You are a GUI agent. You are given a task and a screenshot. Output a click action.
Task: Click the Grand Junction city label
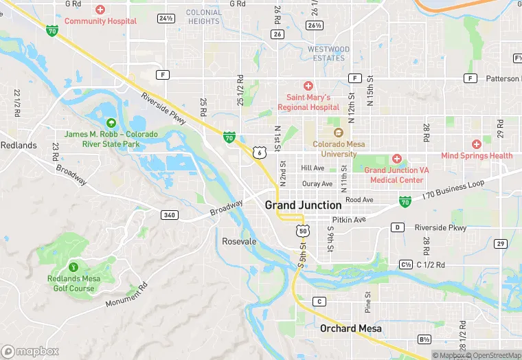(x=303, y=205)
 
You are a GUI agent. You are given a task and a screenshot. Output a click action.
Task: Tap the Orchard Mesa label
(x=348, y=328)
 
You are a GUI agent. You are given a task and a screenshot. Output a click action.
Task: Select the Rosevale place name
(x=239, y=241)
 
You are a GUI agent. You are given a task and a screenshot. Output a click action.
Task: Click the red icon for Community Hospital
(x=100, y=10)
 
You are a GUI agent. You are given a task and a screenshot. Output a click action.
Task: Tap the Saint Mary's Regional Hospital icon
(x=308, y=85)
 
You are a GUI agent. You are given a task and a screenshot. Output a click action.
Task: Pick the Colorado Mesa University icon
(x=337, y=133)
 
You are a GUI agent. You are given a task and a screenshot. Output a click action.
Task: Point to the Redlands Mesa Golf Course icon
(x=73, y=267)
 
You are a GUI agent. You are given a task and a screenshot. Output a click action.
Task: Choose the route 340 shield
(x=170, y=215)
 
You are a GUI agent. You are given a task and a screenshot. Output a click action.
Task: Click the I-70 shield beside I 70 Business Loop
(x=406, y=201)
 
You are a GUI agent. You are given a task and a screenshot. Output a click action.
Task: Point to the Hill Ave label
(x=312, y=168)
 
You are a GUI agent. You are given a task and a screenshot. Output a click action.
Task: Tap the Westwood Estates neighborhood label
(x=328, y=54)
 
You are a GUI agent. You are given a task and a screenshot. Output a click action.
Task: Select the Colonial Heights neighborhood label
(x=204, y=16)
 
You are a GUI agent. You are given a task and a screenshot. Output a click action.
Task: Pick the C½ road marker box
(x=406, y=265)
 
